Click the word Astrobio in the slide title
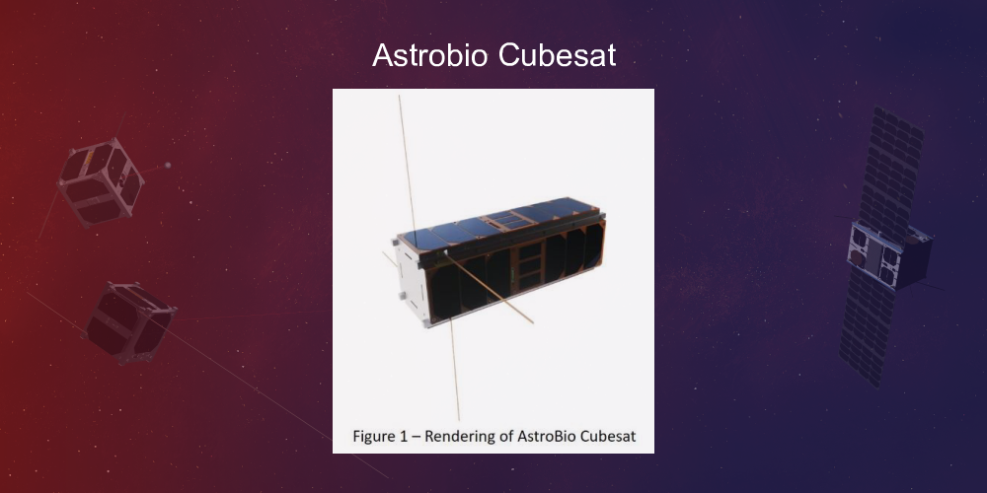pos(430,56)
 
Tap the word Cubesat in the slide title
pos(557,56)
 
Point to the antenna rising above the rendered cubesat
pos(405,158)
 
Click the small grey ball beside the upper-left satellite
pos(168,166)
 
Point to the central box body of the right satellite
pos(888,254)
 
